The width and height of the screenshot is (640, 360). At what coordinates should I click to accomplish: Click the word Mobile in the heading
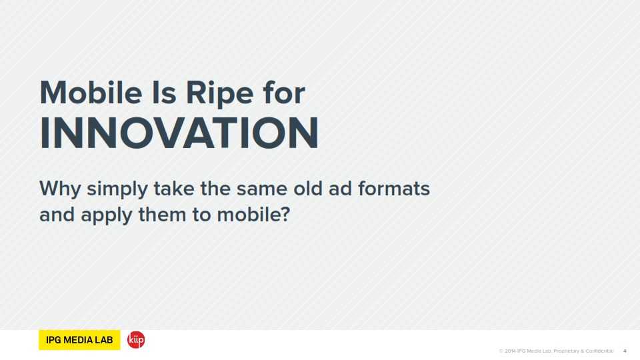91,93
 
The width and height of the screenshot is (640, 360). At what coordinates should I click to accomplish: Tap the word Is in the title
164,93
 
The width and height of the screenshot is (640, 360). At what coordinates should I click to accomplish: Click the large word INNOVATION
179,133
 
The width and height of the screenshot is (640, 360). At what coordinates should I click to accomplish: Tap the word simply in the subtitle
117,190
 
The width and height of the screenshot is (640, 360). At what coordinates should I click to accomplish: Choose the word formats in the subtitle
394,188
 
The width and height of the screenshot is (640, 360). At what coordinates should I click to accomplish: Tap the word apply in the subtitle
107,216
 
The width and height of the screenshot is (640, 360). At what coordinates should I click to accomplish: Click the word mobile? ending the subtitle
253,214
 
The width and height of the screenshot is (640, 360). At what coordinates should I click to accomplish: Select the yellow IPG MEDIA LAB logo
79,339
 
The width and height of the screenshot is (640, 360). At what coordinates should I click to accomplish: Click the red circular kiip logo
136,339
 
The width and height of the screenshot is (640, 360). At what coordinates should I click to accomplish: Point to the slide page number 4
625,351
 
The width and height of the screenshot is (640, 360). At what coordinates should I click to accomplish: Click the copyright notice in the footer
556,351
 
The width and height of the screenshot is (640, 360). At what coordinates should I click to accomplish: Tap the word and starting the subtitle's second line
57,214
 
